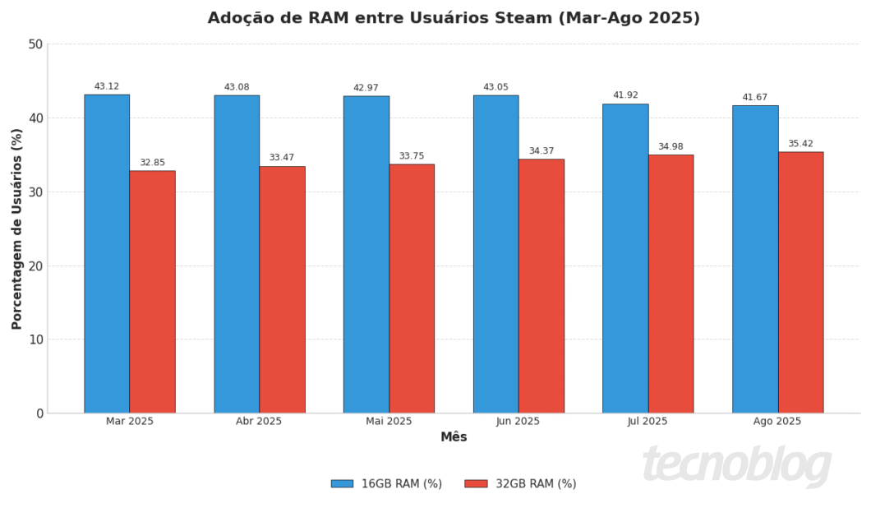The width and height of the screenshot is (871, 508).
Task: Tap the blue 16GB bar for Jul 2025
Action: pos(625,258)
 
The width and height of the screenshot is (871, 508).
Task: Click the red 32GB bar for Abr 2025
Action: pos(282,289)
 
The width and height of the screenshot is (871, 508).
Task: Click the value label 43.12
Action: pos(107,86)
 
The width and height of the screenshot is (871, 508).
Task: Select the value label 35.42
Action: pos(800,144)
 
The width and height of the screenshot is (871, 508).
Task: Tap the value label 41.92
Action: pos(625,95)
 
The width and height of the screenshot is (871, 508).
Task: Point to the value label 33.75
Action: pos(412,156)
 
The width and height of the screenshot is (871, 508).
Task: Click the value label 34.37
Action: pos(541,151)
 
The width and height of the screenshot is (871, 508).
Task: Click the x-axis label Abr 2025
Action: pos(259,422)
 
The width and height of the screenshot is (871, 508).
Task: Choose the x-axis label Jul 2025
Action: pos(647,422)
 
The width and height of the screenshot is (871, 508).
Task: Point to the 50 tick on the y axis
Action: pos(35,44)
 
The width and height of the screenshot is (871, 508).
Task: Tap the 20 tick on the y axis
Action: pos(35,266)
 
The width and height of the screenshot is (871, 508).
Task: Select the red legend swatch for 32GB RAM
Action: pos(476,484)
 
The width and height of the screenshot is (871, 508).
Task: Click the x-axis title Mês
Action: pos(454,437)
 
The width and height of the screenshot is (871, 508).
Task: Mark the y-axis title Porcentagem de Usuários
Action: pos(17,229)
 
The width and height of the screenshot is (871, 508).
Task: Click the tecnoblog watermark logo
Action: pos(736,465)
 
